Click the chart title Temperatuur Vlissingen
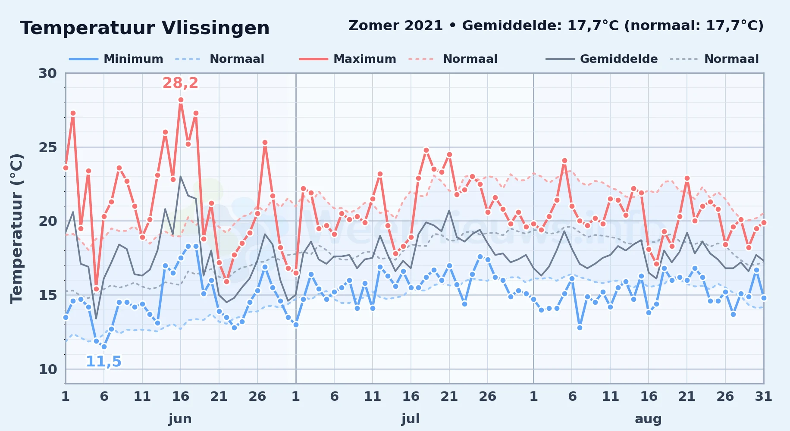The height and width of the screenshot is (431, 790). tap(145, 28)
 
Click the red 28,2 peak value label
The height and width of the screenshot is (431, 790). tap(180, 83)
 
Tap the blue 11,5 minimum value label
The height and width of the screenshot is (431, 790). tap(103, 361)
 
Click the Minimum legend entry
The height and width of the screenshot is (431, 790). tap(116, 59)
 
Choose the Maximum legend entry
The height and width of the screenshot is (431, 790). tap(348, 59)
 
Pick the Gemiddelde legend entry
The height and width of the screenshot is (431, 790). tap(602, 59)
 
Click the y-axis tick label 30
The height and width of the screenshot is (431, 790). tap(47, 73)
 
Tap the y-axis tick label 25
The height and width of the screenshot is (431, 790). tap(47, 147)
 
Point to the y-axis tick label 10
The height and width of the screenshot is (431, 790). tap(47, 369)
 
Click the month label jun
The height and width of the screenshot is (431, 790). tap(180, 419)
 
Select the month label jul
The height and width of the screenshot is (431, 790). tap(411, 419)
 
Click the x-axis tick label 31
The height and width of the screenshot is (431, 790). tap(763, 396)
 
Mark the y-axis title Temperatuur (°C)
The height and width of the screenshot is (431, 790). tap(16, 228)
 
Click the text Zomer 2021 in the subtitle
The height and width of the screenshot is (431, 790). tap(395, 25)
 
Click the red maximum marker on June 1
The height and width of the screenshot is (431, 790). tap(66, 168)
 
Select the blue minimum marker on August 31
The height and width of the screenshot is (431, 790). tap(764, 298)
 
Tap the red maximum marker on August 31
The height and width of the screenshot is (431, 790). tap(764, 222)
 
